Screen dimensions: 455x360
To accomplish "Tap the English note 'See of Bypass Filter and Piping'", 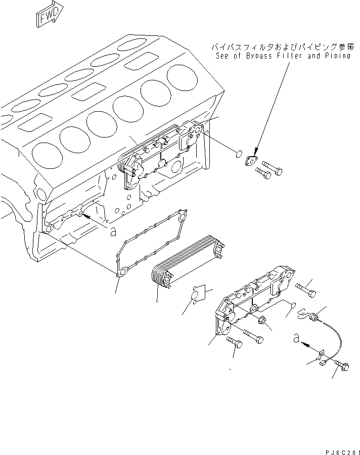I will coord(282,57).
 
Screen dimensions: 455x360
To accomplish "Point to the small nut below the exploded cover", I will coord(263,321).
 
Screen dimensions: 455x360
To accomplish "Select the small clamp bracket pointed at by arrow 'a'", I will coord(323,357).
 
